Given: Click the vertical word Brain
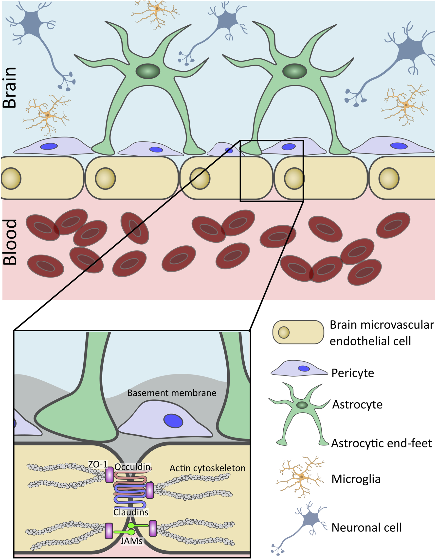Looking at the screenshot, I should point(10,87).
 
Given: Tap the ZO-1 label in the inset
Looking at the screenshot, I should point(98,464).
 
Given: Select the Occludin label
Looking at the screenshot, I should point(132,467).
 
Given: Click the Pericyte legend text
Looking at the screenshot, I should point(353,373).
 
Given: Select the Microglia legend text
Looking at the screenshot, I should point(356,479).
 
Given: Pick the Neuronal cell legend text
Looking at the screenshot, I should point(366,527).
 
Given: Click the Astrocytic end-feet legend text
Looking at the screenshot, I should point(381,443).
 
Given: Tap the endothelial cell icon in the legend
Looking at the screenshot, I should point(298,332).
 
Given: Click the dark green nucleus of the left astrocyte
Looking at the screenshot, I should point(147,70).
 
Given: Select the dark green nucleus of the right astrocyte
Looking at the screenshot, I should point(295,71).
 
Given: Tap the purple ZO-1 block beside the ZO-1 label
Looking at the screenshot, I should point(109,475).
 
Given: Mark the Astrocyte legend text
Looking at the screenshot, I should point(357,404).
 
